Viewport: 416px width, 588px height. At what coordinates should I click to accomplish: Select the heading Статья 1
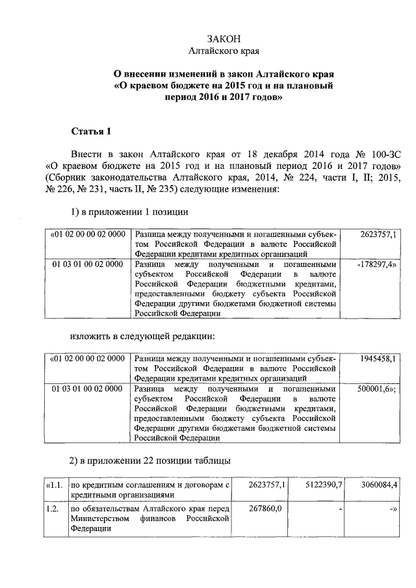91,132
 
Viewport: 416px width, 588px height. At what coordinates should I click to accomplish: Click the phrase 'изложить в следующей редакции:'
142,337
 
